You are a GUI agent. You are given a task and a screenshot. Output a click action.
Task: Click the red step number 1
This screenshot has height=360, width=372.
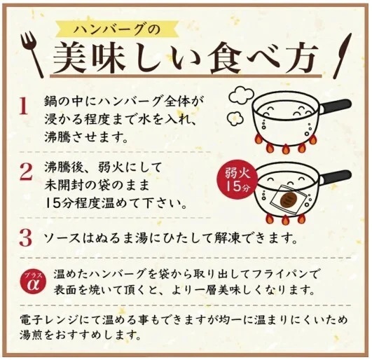pos(23,106)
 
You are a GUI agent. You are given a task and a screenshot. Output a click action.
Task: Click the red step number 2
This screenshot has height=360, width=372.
pos(25,172)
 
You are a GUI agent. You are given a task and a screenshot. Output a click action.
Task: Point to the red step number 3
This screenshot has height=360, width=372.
pos(25,236)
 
